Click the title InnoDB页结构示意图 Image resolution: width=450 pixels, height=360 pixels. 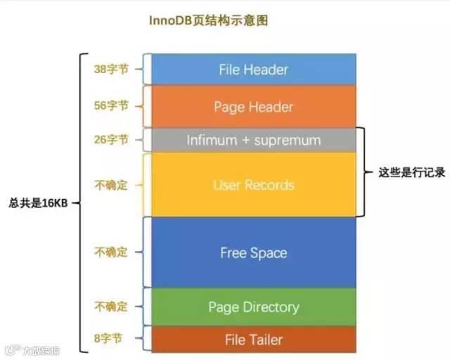[x=208, y=21]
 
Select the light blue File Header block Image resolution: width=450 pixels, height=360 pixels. [x=253, y=70]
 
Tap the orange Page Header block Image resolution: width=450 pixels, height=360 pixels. [x=253, y=107]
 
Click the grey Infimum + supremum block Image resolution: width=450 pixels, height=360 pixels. [x=253, y=141]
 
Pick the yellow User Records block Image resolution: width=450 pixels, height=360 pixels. [x=253, y=185]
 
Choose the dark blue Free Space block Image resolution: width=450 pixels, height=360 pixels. [x=253, y=252]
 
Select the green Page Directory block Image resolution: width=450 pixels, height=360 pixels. [x=253, y=307]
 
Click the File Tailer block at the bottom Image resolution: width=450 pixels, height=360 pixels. [x=253, y=340]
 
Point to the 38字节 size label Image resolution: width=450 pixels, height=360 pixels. [x=111, y=70]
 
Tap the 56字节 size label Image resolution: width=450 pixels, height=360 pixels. [x=111, y=105]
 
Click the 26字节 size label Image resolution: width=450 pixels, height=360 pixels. [x=111, y=139]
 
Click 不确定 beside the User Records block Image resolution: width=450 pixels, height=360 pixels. [x=111, y=185]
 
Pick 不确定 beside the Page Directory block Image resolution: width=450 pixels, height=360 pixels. [x=111, y=307]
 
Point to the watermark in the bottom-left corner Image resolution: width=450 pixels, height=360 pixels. [x=32, y=349]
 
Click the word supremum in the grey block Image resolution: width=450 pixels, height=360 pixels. [x=288, y=141]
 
